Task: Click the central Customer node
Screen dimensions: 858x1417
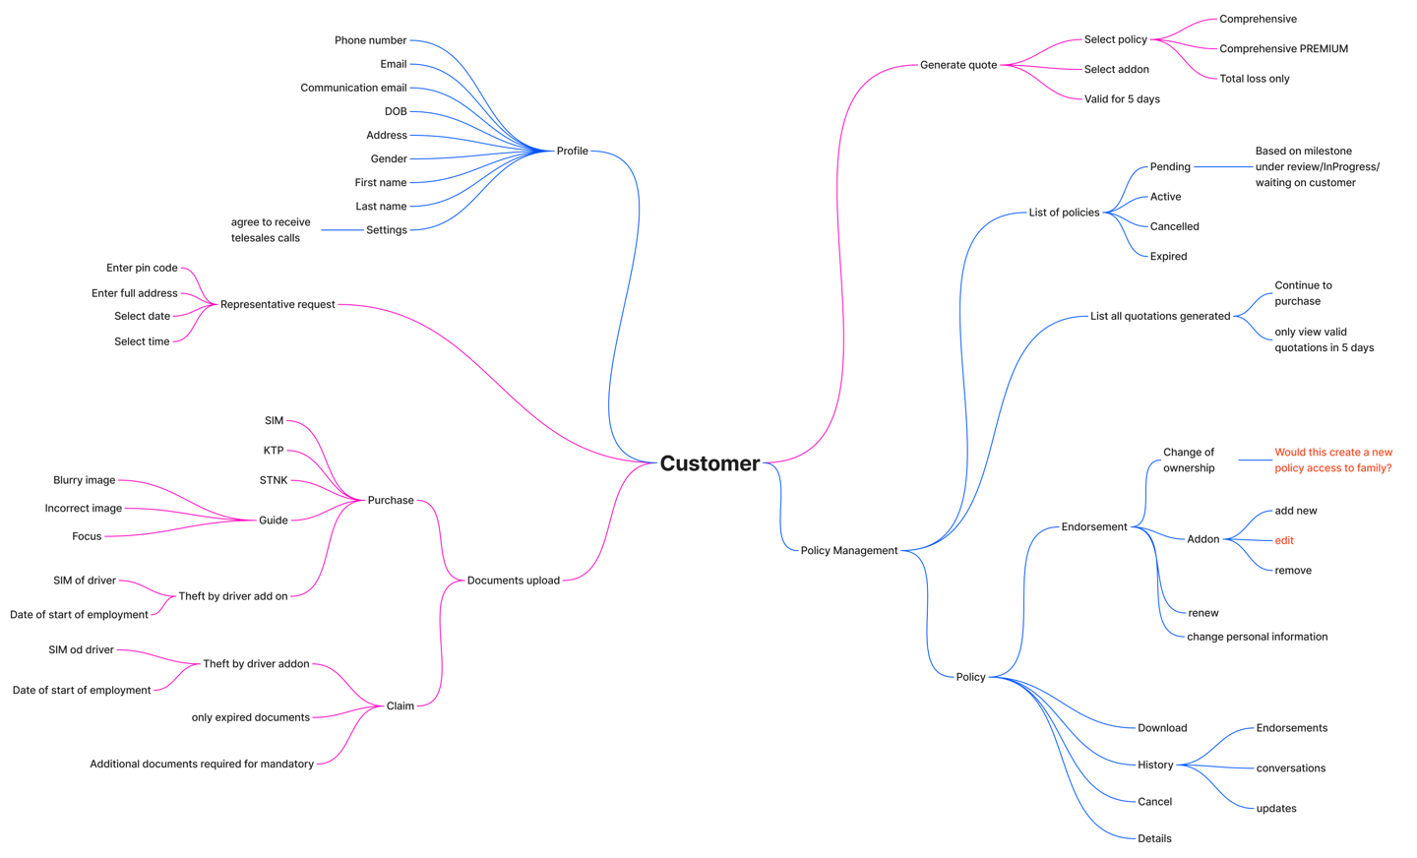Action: pyautogui.click(x=709, y=463)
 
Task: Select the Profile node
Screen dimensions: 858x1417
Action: pyautogui.click(x=572, y=151)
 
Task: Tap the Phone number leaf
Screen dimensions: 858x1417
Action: pyautogui.click(x=370, y=40)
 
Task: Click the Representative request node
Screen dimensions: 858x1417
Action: pyautogui.click(x=277, y=304)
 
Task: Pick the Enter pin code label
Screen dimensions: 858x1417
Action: pyautogui.click(x=142, y=268)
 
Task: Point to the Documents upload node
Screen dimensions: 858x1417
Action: pyautogui.click(x=513, y=581)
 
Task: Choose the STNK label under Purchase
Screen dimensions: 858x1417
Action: pyautogui.click(x=274, y=480)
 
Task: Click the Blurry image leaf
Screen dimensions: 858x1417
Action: pyautogui.click(x=84, y=480)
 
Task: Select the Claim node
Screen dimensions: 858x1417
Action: pyautogui.click(x=400, y=705)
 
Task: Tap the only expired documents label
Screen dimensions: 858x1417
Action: pyautogui.click(x=250, y=717)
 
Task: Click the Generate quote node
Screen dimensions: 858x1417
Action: pyautogui.click(x=957, y=65)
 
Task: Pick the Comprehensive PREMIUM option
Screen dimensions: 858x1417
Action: pyautogui.click(x=1283, y=48)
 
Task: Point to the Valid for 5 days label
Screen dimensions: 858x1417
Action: pyautogui.click(x=1121, y=99)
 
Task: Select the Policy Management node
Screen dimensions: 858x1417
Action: pyautogui.click(x=848, y=550)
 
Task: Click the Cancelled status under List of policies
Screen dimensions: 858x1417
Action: pyautogui.click(x=1174, y=226)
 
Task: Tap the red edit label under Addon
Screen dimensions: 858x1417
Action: pyautogui.click(x=1283, y=540)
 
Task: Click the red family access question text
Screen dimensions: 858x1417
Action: pyautogui.click(x=1332, y=460)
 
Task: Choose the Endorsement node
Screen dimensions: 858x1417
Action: pyautogui.click(x=1093, y=526)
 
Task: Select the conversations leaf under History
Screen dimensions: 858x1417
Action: pyautogui.click(x=1290, y=768)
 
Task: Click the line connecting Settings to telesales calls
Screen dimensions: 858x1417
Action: pyautogui.click(x=341, y=230)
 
